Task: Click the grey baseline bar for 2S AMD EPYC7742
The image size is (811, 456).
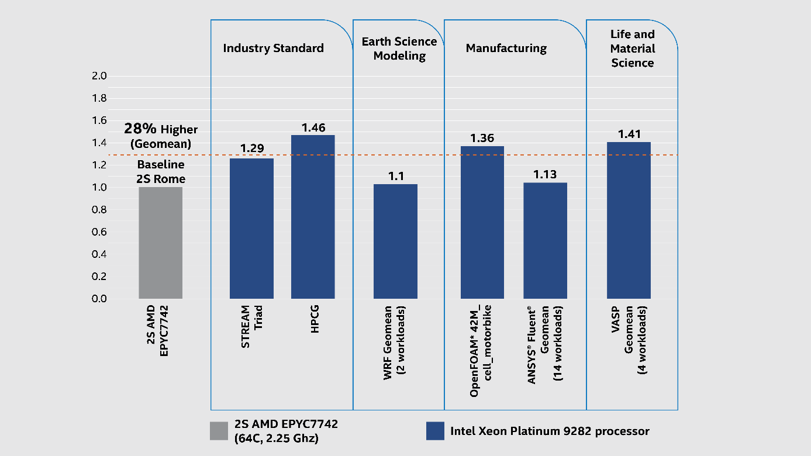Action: (160, 243)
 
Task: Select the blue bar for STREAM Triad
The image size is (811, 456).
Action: (251, 229)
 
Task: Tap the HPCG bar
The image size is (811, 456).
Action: (313, 217)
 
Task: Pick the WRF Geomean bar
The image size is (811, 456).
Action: (395, 241)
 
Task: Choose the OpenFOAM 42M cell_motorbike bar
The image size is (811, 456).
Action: (482, 222)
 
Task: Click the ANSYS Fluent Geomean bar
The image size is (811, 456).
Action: (545, 241)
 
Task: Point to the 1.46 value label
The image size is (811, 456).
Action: (313, 127)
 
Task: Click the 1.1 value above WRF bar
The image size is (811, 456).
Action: (396, 175)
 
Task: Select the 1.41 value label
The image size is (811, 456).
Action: (629, 133)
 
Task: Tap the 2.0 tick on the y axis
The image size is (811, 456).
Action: (99, 76)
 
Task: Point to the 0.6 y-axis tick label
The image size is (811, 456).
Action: (99, 232)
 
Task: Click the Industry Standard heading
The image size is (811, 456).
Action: (273, 49)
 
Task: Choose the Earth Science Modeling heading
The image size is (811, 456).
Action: (399, 49)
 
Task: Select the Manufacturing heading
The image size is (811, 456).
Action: (506, 49)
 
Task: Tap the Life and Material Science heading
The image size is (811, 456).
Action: (633, 49)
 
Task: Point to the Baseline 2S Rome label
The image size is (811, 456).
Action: (160, 171)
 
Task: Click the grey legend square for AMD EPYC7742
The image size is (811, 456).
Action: (219, 431)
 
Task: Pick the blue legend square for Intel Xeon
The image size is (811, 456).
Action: (435, 431)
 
